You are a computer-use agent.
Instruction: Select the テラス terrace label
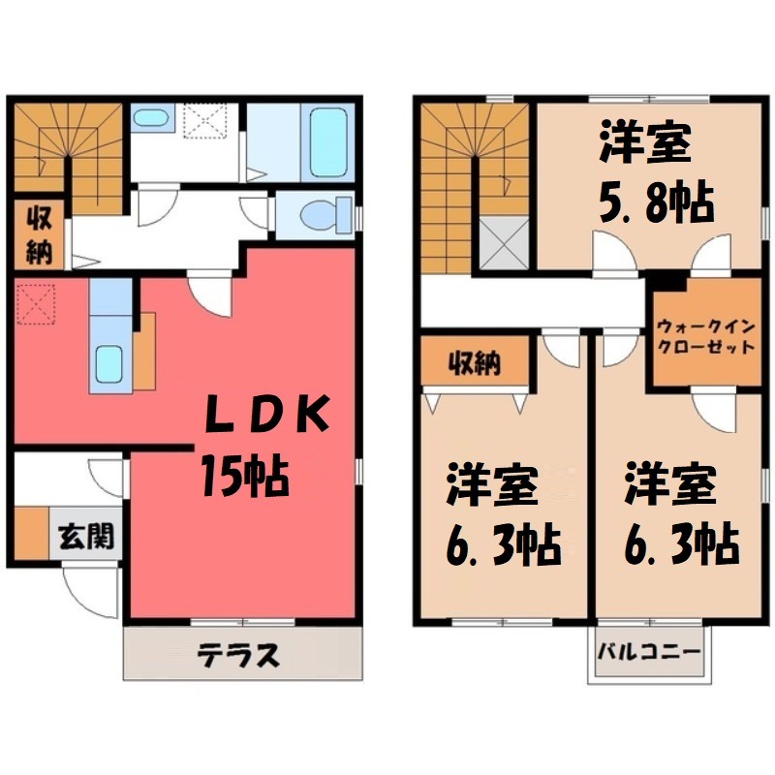(x=240, y=656)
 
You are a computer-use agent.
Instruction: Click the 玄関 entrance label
(x=86, y=536)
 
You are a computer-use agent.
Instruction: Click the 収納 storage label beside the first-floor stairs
(x=39, y=234)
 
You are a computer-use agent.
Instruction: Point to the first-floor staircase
(x=68, y=155)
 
